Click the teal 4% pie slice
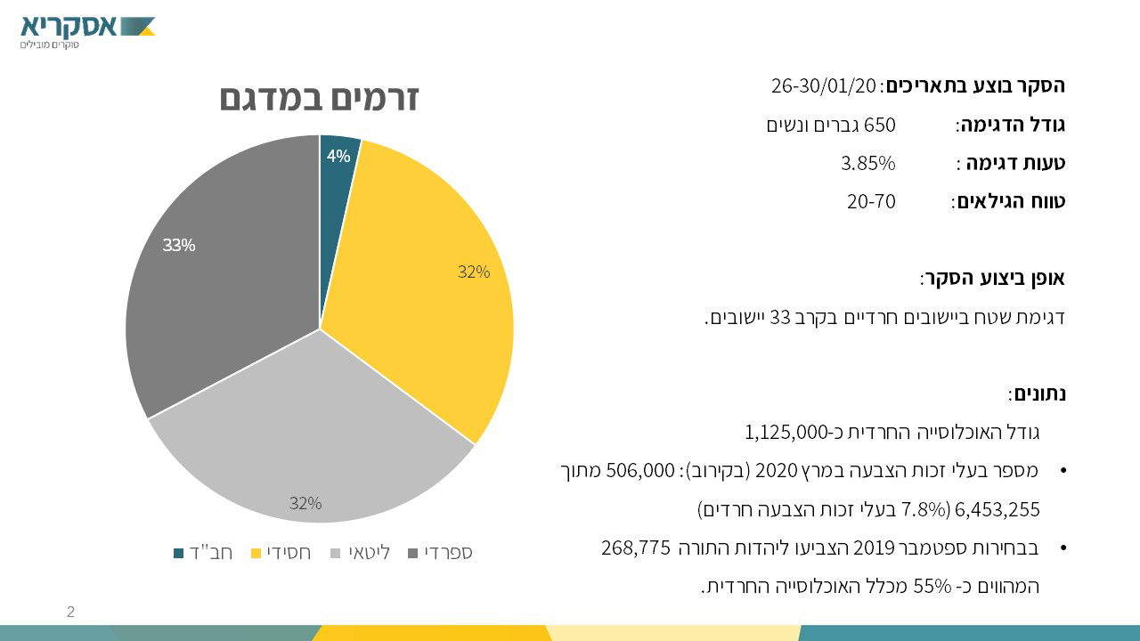[x=337, y=155]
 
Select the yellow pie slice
[x=427, y=285]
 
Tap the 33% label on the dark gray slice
[x=178, y=245]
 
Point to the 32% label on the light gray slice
[x=305, y=503]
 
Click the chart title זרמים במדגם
[x=319, y=99]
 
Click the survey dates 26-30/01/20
[x=824, y=86]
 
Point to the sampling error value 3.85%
[x=867, y=163]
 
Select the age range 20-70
[x=870, y=201]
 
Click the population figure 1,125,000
[x=786, y=433]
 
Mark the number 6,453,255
[x=997, y=510]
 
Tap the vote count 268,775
[x=635, y=548]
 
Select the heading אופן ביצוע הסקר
[x=993, y=279]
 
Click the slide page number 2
[x=70, y=612]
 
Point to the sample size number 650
[x=879, y=125]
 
